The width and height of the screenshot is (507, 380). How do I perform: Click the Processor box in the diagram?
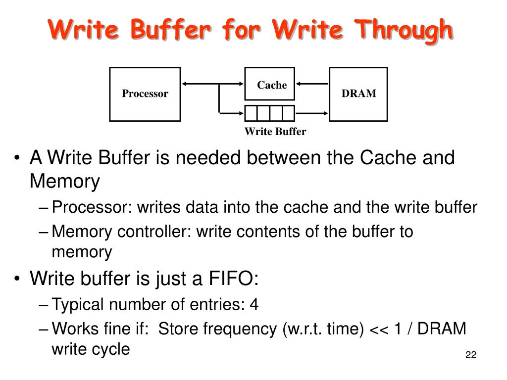[145, 94]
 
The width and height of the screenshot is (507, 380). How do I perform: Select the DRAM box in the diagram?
[358, 94]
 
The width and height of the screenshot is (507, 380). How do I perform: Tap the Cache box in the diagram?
[270, 85]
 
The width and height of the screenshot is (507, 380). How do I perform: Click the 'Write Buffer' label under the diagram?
[275, 132]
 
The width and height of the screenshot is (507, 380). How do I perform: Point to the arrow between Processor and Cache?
[213, 84]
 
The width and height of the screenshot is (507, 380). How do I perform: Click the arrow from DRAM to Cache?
[312, 84]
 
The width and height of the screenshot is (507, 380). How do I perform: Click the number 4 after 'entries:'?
[254, 304]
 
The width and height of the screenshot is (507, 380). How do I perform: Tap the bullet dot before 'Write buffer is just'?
[18, 279]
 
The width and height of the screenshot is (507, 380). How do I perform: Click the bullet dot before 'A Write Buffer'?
[18, 159]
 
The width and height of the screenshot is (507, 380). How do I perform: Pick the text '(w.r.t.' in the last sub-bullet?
[303, 329]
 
